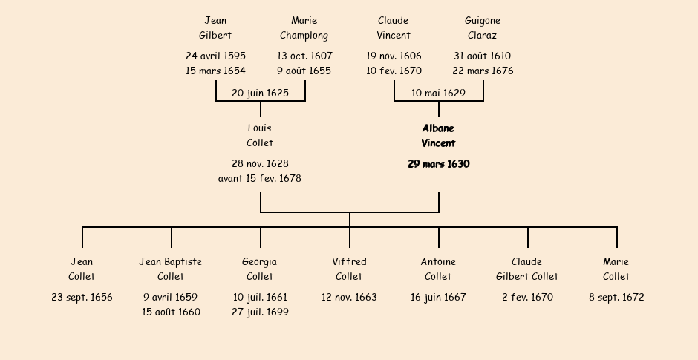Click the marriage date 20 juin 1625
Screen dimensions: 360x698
pyautogui.click(x=260, y=93)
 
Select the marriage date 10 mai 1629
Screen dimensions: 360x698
pyautogui.click(x=438, y=93)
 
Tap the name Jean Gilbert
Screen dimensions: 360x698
pyautogui.click(x=215, y=27)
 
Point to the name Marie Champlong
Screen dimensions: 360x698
pyautogui.click(x=304, y=27)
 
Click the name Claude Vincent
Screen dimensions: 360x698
pyautogui.click(x=394, y=27)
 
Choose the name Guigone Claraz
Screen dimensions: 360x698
pyautogui.click(x=483, y=27)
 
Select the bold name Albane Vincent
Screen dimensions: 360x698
pyautogui.click(x=438, y=136)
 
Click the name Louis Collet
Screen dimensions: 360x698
pyautogui.click(x=260, y=136)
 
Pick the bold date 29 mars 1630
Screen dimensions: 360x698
pyautogui.click(x=438, y=164)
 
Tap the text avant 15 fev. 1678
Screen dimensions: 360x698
pyautogui.click(x=260, y=179)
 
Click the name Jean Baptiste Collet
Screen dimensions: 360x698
pyautogui.click(x=171, y=269)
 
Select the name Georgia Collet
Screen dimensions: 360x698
pyautogui.click(x=260, y=269)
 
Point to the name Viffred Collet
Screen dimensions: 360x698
pyautogui.click(x=349, y=269)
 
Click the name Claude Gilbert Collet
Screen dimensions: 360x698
pyautogui.click(x=527, y=269)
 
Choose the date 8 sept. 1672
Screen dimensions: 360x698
pyautogui.click(x=616, y=298)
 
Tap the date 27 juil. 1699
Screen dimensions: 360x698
pyautogui.click(x=260, y=312)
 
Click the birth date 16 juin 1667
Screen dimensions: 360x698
pyautogui.click(x=438, y=298)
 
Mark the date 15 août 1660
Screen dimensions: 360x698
pyautogui.click(x=171, y=312)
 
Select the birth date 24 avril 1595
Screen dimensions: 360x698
pyautogui.click(x=215, y=56)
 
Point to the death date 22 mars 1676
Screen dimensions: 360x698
pyautogui.click(x=483, y=71)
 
